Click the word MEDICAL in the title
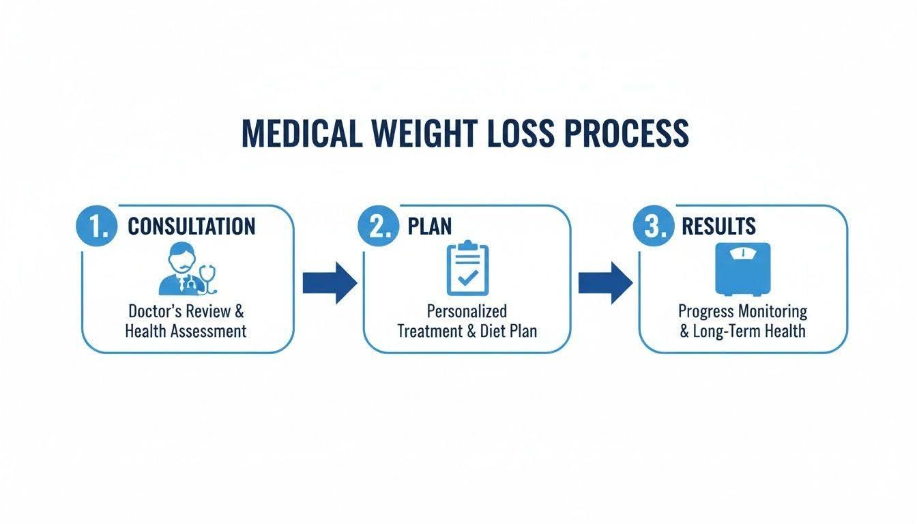[302, 134]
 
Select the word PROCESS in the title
[627, 134]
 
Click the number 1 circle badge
[97, 226]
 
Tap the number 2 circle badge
[378, 226]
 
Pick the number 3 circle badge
[654, 226]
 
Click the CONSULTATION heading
[192, 226]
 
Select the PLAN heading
[430, 226]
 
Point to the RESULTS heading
[718, 226]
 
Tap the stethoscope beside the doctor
[208, 279]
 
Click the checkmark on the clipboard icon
[467, 278]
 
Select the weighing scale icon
[743, 270]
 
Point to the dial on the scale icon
[743, 253]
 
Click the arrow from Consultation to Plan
[330, 283]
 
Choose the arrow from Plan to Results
[605, 283]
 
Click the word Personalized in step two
[467, 312]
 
